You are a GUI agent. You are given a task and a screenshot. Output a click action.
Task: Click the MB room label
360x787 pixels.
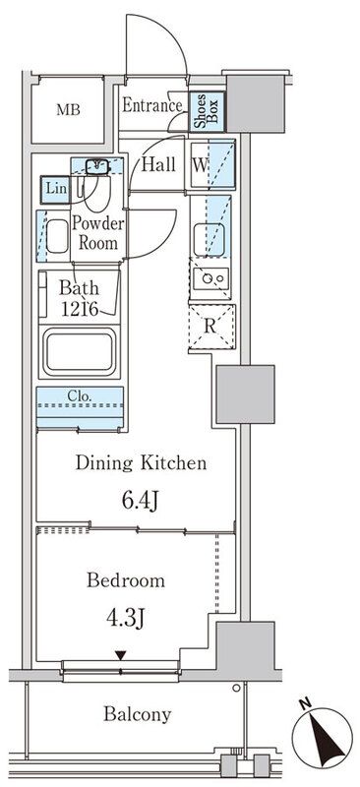68,109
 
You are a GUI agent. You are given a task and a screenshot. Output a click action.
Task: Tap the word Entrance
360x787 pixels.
152,105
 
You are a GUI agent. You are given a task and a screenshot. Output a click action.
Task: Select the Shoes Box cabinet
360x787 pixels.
206,111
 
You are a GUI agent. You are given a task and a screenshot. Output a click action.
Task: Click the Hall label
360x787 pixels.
158,164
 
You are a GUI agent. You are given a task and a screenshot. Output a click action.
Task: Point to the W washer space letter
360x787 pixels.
200,165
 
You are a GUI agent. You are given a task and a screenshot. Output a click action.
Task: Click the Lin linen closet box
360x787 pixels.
55,190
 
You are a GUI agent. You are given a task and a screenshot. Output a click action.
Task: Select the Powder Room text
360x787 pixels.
98,233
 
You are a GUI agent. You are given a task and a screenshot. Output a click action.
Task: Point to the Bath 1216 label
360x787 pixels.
81,298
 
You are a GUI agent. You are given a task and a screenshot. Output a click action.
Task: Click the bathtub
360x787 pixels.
80,352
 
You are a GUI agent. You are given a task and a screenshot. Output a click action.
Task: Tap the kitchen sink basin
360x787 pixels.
206,239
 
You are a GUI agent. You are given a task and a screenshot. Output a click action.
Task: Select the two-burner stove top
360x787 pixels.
210,279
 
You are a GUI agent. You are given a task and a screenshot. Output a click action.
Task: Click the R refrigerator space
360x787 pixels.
211,327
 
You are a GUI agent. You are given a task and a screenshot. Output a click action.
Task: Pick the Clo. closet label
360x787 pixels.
80,396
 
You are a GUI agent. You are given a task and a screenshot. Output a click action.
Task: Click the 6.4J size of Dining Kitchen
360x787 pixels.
140,501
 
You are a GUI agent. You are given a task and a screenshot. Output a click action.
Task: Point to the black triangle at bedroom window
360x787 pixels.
120,655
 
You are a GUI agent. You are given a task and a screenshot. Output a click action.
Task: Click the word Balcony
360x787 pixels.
137,714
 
